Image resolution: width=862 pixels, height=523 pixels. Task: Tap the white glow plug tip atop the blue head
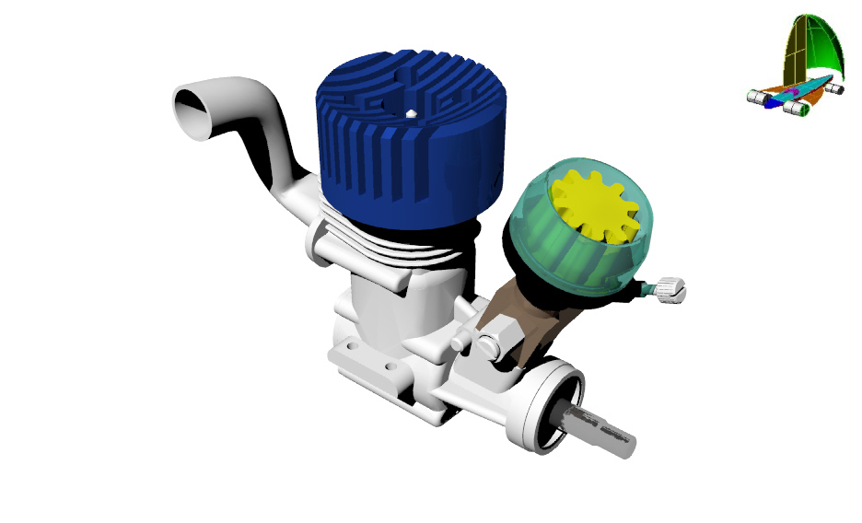tap(411, 114)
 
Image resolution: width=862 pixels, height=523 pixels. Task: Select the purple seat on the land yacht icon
tap(792, 93)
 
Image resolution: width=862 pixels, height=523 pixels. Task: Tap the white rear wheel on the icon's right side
tap(834, 89)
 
